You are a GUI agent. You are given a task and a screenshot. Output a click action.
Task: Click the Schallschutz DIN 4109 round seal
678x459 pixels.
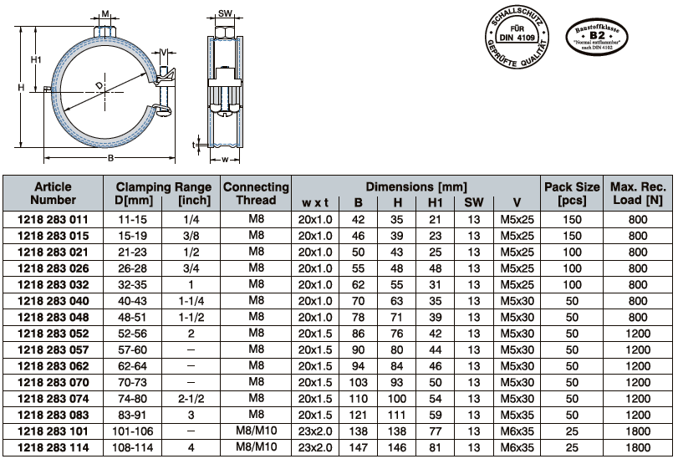click(x=517, y=37)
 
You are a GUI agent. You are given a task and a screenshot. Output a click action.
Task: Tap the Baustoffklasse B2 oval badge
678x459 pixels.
click(x=597, y=37)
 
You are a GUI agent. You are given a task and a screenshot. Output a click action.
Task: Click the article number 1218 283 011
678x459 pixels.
click(x=53, y=220)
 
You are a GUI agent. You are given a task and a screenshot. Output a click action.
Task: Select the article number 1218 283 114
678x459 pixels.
click(x=53, y=448)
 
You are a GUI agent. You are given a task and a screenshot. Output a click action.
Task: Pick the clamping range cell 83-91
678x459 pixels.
click(x=133, y=416)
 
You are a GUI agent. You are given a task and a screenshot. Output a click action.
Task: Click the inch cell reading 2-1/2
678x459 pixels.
click(x=191, y=399)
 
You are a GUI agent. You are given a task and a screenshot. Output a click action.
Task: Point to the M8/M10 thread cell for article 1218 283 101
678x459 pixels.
click(x=256, y=431)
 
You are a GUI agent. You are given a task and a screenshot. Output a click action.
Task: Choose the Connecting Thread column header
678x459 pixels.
click(x=256, y=193)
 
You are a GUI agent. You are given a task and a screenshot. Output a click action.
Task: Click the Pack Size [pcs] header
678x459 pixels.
click(x=572, y=193)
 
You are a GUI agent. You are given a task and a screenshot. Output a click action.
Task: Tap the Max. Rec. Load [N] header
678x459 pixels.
click(x=638, y=193)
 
